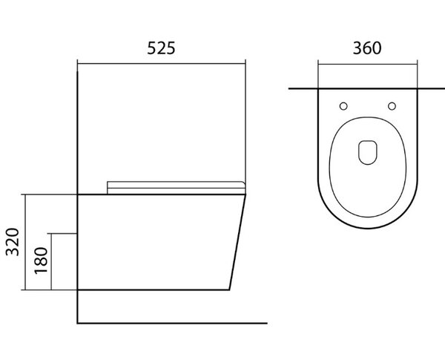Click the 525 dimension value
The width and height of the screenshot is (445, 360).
[x=161, y=48]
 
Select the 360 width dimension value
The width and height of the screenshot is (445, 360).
[x=367, y=48]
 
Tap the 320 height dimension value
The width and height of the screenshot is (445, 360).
[x=13, y=242]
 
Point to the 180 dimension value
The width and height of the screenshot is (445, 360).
[x=41, y=261]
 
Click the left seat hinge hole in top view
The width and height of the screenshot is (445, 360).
[x=343, y=106]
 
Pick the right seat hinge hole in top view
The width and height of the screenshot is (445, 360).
[x=392, y=106]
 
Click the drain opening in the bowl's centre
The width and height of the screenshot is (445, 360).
[x=368, y=152]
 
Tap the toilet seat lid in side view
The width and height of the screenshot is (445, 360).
[x=176, y=188]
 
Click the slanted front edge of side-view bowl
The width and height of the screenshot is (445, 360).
[x=237, y=242]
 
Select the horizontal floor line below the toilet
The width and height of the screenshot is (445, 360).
[x=172, y=323]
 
